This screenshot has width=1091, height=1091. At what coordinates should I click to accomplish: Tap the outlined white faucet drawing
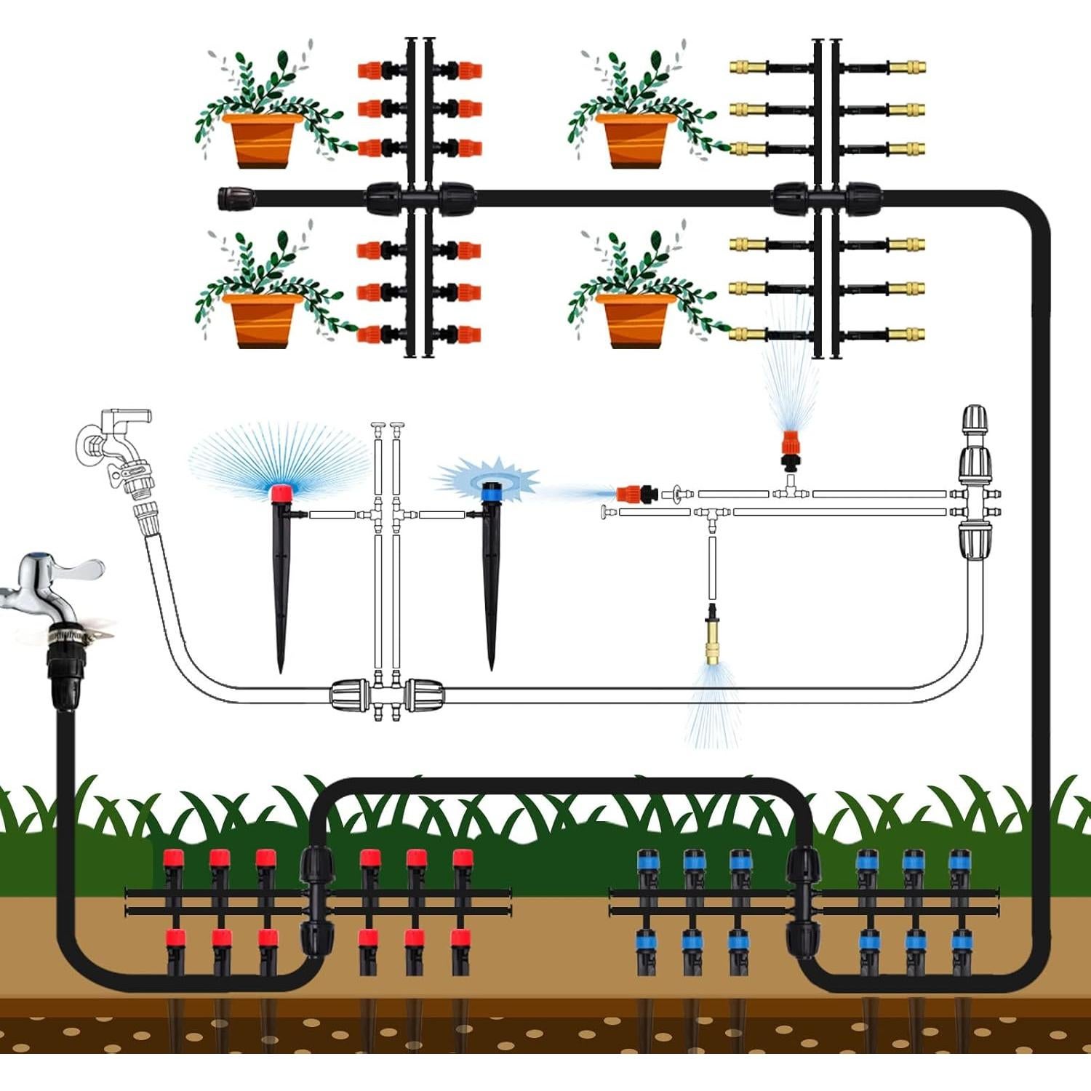116,444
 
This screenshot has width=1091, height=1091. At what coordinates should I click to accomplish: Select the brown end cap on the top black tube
237,197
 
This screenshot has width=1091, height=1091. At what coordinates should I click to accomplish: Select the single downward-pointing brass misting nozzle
713,636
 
